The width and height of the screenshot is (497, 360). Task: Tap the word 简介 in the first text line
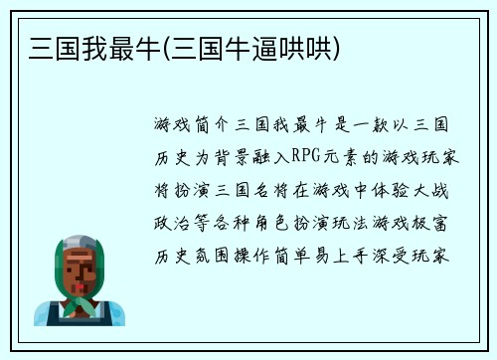[207, 125]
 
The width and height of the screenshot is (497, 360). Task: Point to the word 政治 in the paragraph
[167, 221]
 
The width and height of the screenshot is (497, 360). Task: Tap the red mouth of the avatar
[79, 280]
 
